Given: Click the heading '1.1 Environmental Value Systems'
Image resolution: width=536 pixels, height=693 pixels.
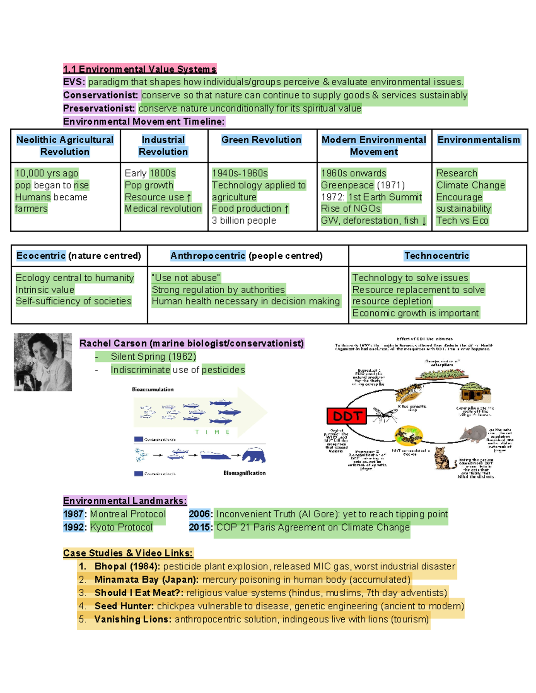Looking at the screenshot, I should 139,69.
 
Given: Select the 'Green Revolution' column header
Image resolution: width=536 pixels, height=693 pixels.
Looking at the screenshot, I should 261,140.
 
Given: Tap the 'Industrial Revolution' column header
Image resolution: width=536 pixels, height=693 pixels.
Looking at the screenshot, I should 163,146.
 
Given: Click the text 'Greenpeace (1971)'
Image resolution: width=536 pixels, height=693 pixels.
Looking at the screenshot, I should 363,185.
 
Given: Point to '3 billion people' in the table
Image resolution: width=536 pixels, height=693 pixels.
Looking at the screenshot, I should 244,220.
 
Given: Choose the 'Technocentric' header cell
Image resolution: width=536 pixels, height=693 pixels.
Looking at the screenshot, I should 436,256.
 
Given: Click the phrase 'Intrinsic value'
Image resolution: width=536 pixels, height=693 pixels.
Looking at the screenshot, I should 45,290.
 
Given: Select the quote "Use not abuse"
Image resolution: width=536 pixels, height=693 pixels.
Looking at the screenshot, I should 186,278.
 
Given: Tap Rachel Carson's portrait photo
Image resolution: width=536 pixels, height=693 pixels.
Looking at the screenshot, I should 43,362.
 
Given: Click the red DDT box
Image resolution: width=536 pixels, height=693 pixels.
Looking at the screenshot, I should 347,416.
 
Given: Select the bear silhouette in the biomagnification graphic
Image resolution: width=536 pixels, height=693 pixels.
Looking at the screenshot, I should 254,455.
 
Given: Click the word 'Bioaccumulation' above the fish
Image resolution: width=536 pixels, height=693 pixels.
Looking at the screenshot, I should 153,390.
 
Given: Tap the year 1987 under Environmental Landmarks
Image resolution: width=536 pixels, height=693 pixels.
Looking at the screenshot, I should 73,514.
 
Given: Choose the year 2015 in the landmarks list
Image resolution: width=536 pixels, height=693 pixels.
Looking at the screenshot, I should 200,527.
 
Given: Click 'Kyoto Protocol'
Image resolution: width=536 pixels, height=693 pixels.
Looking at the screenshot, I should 121,527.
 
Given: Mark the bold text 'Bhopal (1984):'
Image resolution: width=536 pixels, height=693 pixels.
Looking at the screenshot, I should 127,566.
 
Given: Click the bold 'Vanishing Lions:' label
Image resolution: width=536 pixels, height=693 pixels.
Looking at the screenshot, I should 133,619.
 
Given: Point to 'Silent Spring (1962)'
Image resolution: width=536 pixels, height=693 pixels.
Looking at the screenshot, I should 153,357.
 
